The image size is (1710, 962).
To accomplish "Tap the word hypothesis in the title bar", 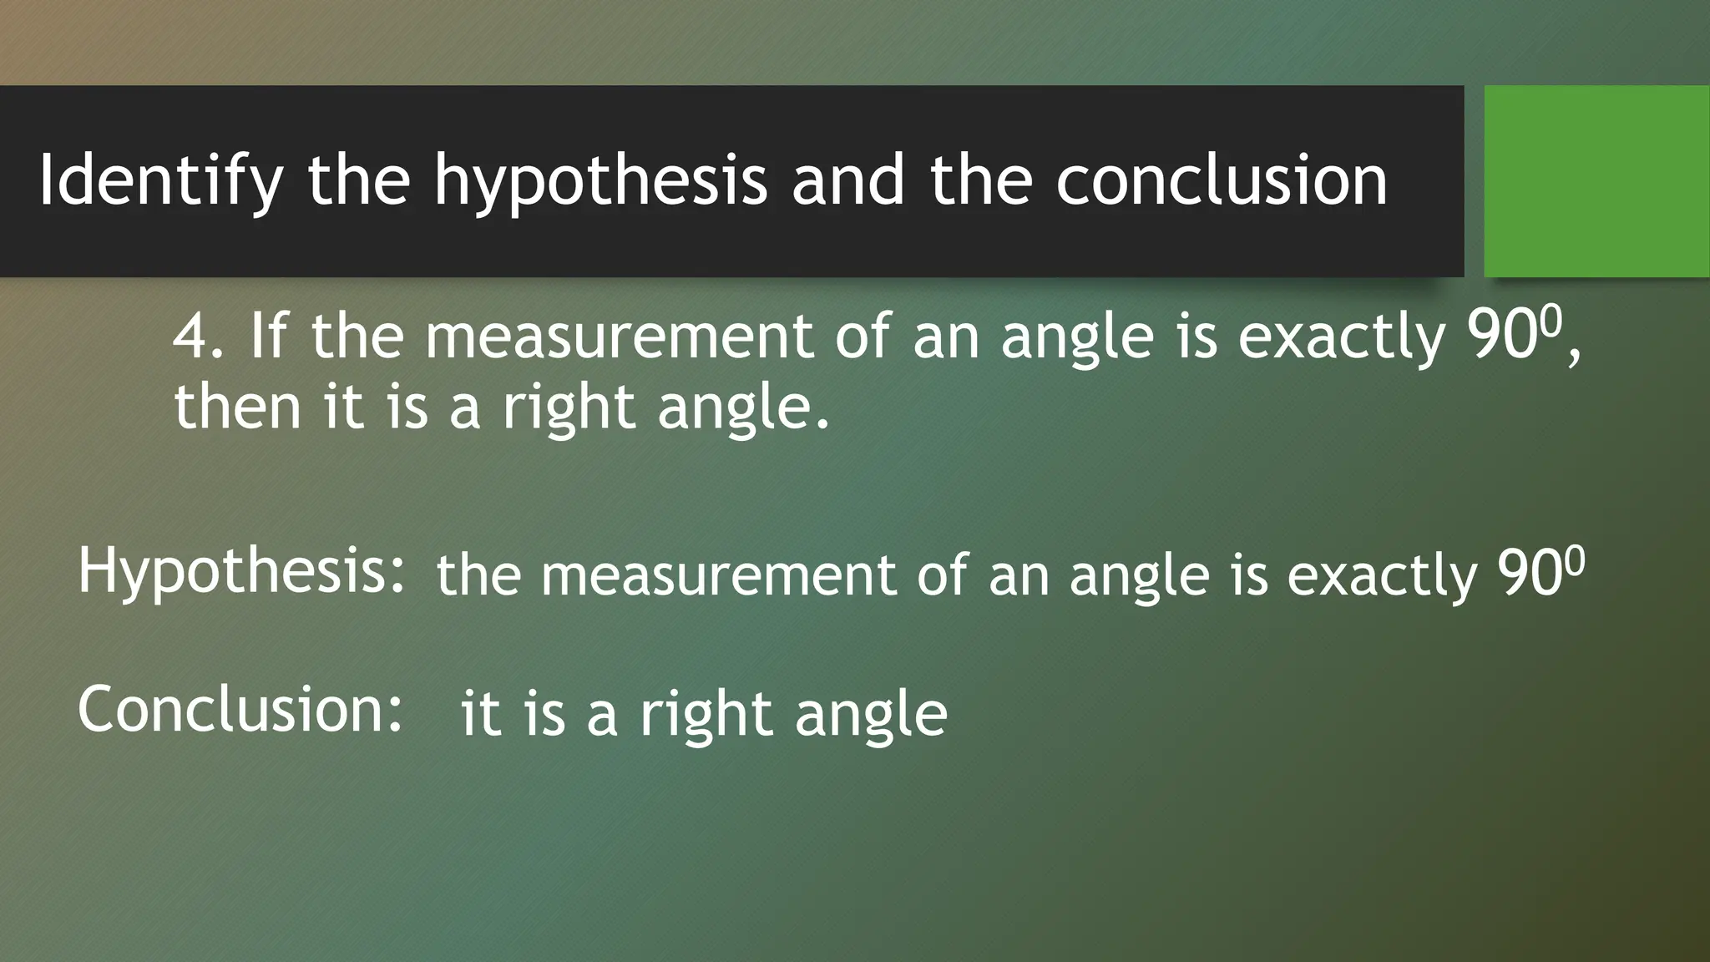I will pos(600,180).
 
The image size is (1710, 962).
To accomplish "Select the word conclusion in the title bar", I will pos(1221,180).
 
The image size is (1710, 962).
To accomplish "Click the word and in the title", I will pos(848,180).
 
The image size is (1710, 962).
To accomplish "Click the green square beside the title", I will pos(1596,181).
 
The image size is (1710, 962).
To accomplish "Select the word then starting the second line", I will pos(237,407).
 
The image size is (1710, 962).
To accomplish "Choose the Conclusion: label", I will pos(240,710).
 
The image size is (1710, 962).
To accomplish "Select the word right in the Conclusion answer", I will pos(706,715).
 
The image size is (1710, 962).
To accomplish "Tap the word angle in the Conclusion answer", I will pos(871,715).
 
